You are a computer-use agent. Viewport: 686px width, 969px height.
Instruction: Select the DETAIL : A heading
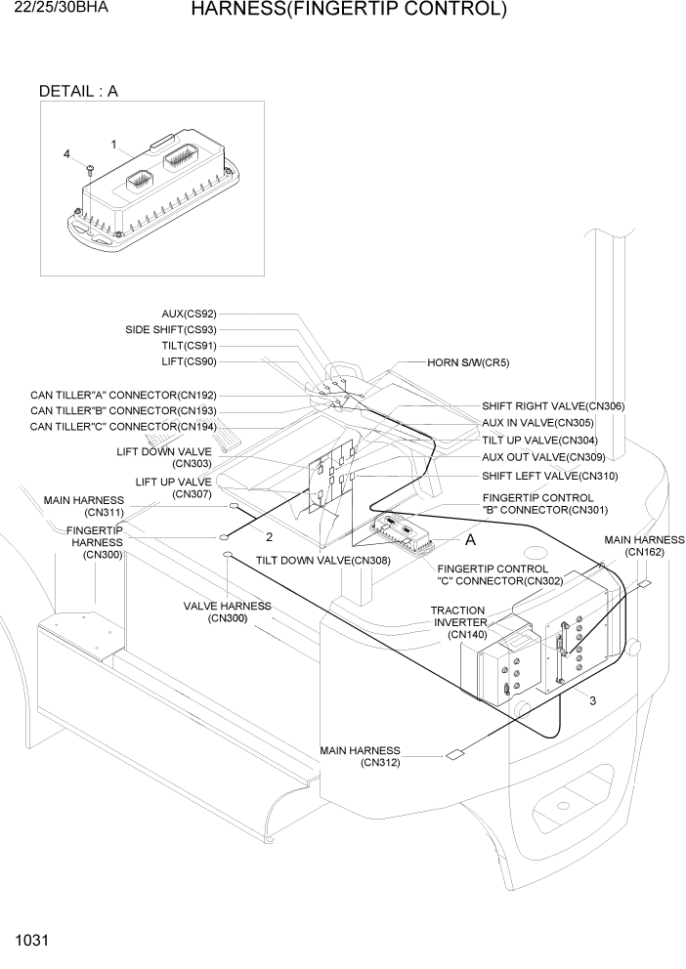pos(78,92)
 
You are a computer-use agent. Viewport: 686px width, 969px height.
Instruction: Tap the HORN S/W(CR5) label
pos(468,362)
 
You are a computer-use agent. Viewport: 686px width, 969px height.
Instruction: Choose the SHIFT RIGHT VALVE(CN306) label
pos(552,405)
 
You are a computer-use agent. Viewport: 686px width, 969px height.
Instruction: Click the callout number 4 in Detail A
pos(66,154)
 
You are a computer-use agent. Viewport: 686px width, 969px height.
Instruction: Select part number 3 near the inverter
pos(592,699)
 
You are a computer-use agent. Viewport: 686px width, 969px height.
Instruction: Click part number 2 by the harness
pos(269,536)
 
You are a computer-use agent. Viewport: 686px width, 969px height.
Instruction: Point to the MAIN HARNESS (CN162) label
pos(644,545)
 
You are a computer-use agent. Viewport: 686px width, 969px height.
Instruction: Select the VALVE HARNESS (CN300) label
pos(228,611)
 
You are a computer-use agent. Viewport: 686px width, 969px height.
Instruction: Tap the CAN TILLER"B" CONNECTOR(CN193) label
pos(123,411)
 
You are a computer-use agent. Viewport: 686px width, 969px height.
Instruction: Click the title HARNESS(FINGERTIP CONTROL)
pos(348,11)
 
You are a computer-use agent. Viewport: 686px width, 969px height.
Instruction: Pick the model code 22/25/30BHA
pos(55,8)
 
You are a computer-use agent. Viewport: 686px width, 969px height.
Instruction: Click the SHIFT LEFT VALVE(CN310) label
pos(549,476)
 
